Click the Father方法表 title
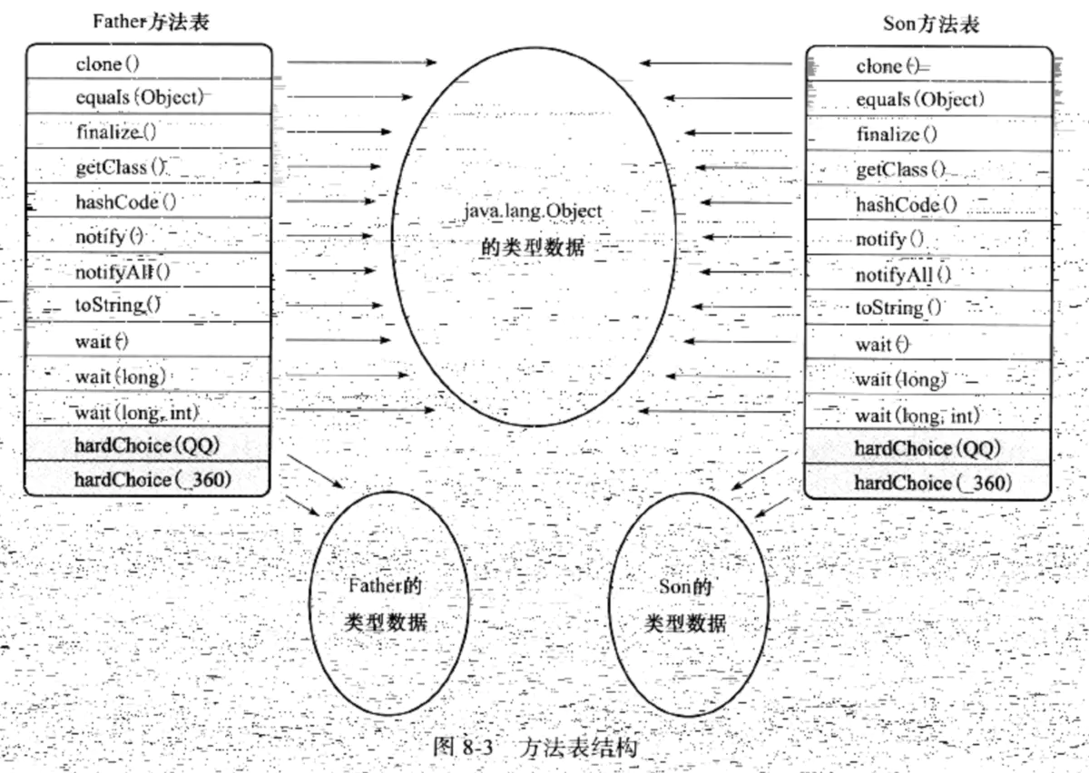151,22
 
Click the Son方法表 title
930,24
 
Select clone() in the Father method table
108,64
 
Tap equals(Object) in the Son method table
919,99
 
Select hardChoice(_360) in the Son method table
932,482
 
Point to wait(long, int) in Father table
137,412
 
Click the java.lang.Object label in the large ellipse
532,210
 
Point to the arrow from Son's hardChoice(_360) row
771,507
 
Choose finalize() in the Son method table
898,134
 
